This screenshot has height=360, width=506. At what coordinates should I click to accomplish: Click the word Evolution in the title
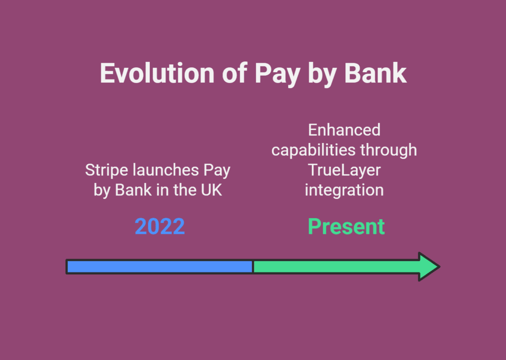click(x=157, y=73)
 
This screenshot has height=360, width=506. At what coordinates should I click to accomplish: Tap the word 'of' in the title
click(x=235, y=73)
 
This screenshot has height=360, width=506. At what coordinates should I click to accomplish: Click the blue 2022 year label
click(x=160, y=226)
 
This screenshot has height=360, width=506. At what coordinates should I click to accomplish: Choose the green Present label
click(x=346, y=226)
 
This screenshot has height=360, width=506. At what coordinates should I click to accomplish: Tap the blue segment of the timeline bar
click(x=160, y=267)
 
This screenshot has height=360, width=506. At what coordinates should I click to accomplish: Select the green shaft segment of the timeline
click(x=336, y=267)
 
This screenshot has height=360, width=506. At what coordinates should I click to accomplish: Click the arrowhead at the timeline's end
click(x=429, y=267)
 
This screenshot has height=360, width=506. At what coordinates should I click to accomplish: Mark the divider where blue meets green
click(x=253, y=267)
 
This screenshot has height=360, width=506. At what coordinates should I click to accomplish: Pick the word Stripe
click(x=107, y=171)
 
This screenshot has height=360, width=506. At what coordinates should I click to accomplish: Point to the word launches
click(x=166, y=170)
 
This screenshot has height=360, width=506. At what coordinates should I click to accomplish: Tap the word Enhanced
click(x=344, y=130)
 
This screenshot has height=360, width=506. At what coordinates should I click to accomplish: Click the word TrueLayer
click(x=344, y=171)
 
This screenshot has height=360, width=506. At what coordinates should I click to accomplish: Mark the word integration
click(x=344, y=190)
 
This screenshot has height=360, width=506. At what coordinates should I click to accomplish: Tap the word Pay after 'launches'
click(x=216, y=171)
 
